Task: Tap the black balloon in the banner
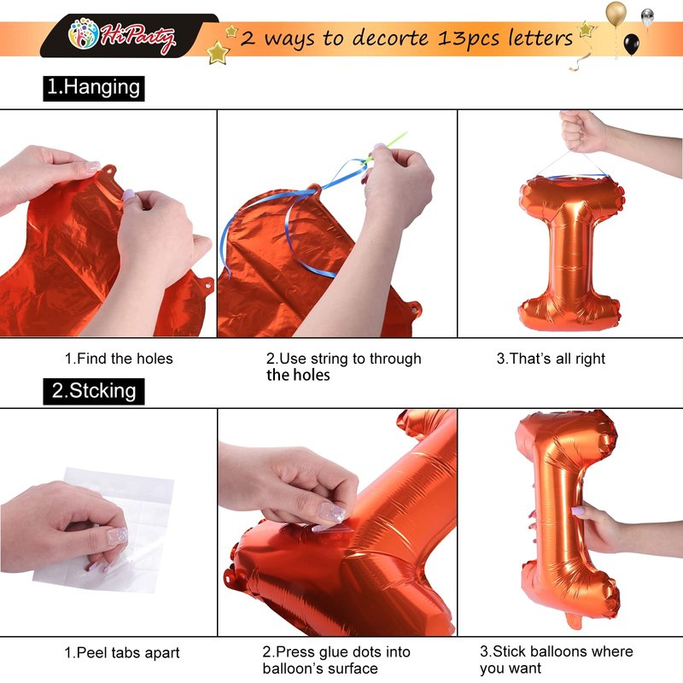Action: [x=632, y=44]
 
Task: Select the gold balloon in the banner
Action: [x=616, y=13]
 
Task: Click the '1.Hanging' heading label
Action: [x=94, y=88]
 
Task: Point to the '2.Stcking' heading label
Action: [x=94, y=391]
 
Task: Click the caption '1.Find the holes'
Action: [x=119, y=359]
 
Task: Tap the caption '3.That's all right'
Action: [x=551, y=359]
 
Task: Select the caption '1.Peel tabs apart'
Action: [x=122, y=652]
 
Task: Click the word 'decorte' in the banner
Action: [x=390, y=38]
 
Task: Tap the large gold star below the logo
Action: [x=218, y=53]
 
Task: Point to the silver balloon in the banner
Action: [x=647, y=16]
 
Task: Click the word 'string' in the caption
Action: [x=327, y=359]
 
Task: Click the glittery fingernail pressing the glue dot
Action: [x=332, y=513]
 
